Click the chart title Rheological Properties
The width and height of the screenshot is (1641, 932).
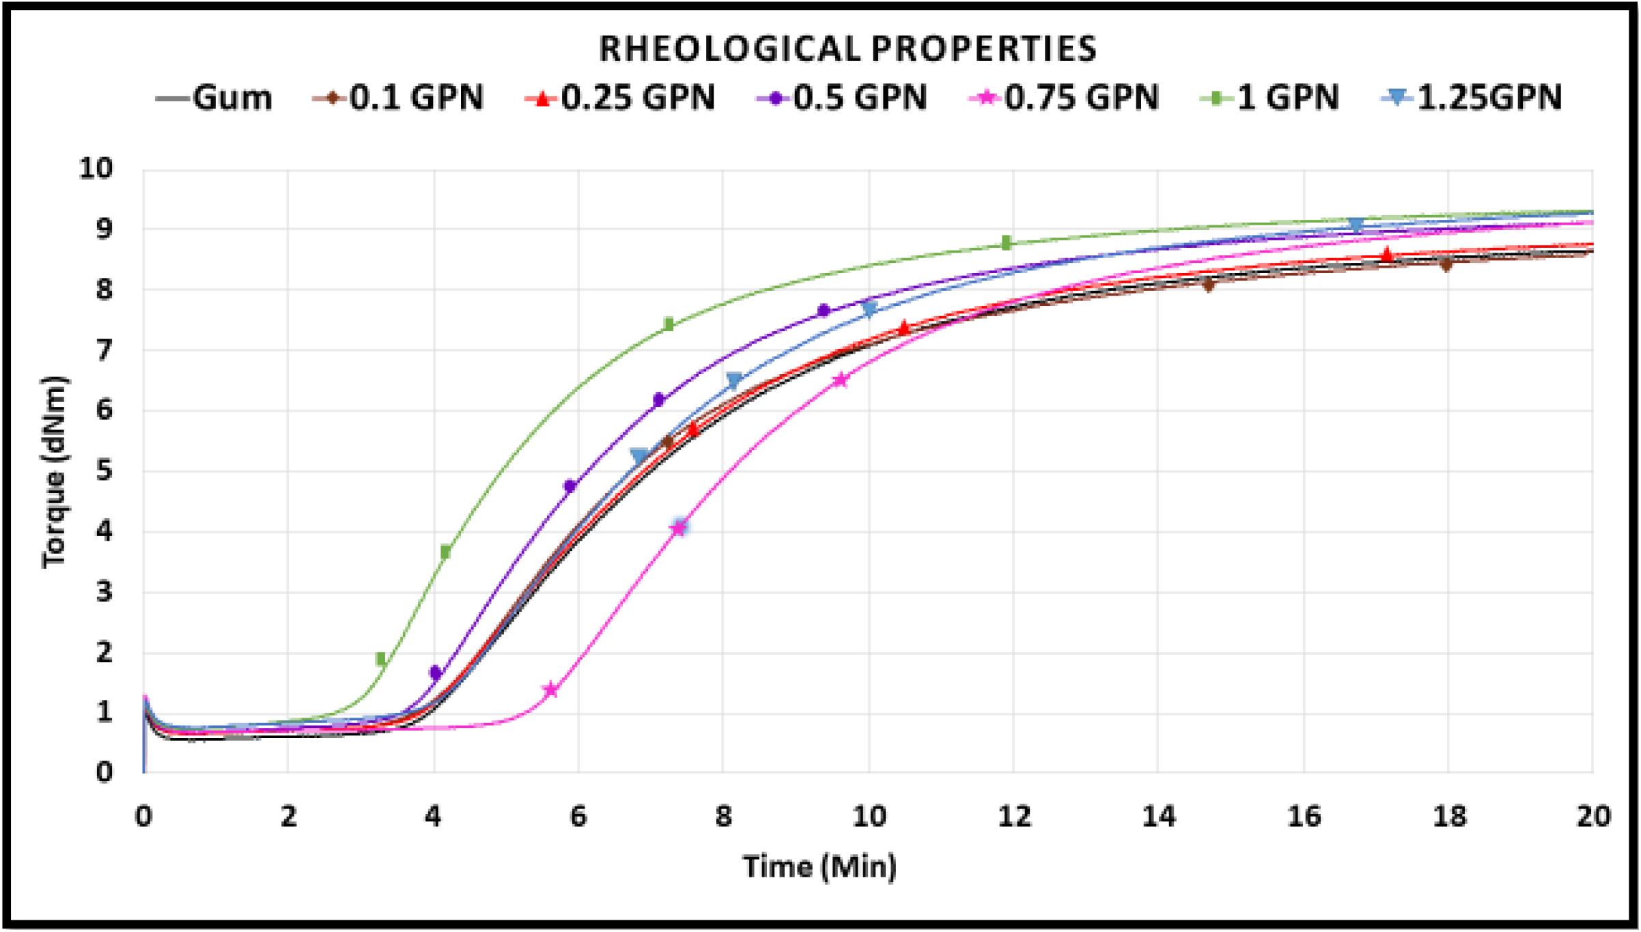tap(847, 49)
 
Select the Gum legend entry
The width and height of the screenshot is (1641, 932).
tap(214, 98)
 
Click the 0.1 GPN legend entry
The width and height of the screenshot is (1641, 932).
tap(398, 98)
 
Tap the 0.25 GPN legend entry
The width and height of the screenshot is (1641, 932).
tap(620, 98)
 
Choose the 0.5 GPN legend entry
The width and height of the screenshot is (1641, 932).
tap(841, 98)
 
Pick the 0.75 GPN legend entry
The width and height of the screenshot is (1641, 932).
tap(1064, 98)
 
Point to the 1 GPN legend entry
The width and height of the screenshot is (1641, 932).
tap(1270, 98)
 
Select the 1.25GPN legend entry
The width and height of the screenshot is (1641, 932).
tap(1472, 98)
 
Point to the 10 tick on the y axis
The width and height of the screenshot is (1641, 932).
tap(96, 168)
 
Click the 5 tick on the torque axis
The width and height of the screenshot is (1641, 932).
tap(104, 470)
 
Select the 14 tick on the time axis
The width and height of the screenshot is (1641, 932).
tap(1159, 817)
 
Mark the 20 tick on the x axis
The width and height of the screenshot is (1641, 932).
tap(1593, 817)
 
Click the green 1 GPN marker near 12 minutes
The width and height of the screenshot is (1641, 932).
tap(1006, 242)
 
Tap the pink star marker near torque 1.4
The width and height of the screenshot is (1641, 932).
tap(551, 690)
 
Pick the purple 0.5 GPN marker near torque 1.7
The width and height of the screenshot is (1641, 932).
tap(436, 673)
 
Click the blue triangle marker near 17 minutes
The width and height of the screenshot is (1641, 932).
tap(1356, 225)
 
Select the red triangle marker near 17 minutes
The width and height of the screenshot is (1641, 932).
tap(1386, 255)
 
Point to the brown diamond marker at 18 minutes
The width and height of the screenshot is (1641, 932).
tap(1446, 264)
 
